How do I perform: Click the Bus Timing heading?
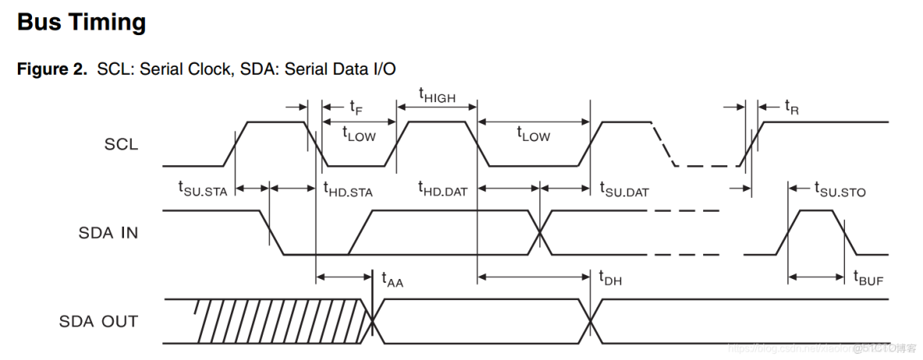[82, 23]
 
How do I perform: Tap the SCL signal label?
[121, 144]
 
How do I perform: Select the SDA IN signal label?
[108, 232]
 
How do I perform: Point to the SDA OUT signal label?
[98, 321]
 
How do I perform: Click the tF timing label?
[355, 106]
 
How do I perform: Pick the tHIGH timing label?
[437, 96]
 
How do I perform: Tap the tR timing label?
[791, 106]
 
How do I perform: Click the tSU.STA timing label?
[203, 189]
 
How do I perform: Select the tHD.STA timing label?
[348, 189]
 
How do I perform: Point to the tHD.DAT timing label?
[442, 189]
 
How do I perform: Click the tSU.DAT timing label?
[624, 189]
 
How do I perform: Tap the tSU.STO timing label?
[840, 189]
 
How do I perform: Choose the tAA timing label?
[392, 277]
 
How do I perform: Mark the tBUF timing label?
[868, 277]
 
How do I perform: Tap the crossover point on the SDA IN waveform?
[539, 232]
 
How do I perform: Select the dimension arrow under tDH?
[533, 276]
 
